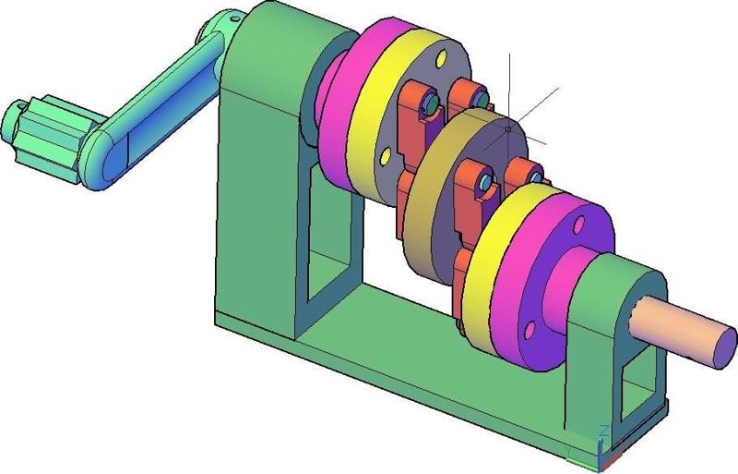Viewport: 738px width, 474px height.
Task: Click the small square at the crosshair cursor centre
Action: point(508,128)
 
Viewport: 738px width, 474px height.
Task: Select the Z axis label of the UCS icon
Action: point(601,431)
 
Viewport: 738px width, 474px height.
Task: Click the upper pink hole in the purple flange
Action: point(578,225)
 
